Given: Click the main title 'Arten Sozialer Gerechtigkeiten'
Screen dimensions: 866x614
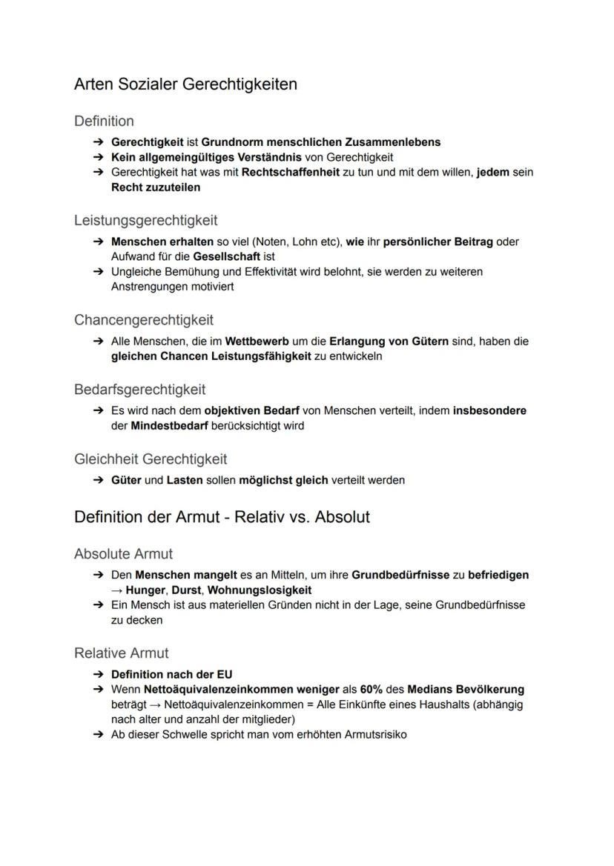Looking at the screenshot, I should point(185,84).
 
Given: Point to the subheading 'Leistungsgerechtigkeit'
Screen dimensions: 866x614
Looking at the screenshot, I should point(145,220).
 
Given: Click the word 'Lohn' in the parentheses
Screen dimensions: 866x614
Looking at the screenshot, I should point(297,242).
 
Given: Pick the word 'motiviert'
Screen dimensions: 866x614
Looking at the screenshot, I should point(210,287).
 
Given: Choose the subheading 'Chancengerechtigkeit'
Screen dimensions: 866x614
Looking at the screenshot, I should point(143,320).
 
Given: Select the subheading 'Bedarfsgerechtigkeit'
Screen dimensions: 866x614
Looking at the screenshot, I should point(139,390).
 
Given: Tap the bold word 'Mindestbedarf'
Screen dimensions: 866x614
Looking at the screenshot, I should point(169,426).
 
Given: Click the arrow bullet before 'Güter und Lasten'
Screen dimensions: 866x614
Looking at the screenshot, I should point(98,480).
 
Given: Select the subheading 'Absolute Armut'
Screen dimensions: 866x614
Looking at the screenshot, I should point(123,554).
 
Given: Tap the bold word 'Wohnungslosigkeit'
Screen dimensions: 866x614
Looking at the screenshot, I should point(260,590).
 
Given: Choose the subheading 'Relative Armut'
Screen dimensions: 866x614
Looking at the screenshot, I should point(121,653).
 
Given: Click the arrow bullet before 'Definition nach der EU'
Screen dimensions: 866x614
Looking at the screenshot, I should point(98,675).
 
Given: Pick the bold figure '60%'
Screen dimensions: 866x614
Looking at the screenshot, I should point(372,690).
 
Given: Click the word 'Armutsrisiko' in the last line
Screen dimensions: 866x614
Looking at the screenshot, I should point(375,735).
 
